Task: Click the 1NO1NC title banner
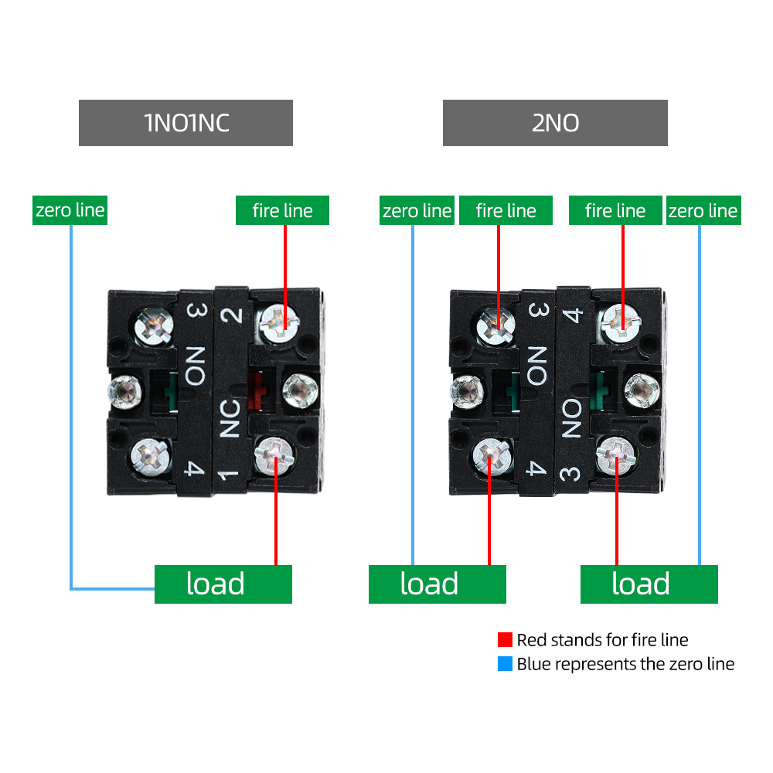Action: (x=186, y=123)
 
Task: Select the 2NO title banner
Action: (x=555, y=123)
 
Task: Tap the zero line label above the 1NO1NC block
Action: (x=70, y=210)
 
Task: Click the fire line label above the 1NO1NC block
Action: (x=282, y=210)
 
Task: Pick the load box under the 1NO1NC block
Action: (x=223, y=584)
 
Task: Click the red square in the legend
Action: (x=505, y=639)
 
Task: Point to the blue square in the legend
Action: (x=505, y=663)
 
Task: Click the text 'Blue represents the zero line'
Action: (x=625, y=664)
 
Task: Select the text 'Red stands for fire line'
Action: (x=602, y=640)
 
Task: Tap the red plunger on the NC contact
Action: (x=256, y=391)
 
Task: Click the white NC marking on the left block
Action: (x=230, y=418)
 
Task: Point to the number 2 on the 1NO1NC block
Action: (x=231, y=315)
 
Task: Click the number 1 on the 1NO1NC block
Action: (x=229, y=475)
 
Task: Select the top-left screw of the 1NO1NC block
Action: (x=154, y=326)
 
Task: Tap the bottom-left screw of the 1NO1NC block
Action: (x=151, y=457)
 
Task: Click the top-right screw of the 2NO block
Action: (x=621, y=323)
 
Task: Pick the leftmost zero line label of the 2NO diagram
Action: (x=417, y=210)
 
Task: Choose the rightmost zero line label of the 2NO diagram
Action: (x=703, y=210)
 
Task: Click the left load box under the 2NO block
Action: (x=438, y=584)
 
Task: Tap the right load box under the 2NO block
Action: (x=649, y=584)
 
